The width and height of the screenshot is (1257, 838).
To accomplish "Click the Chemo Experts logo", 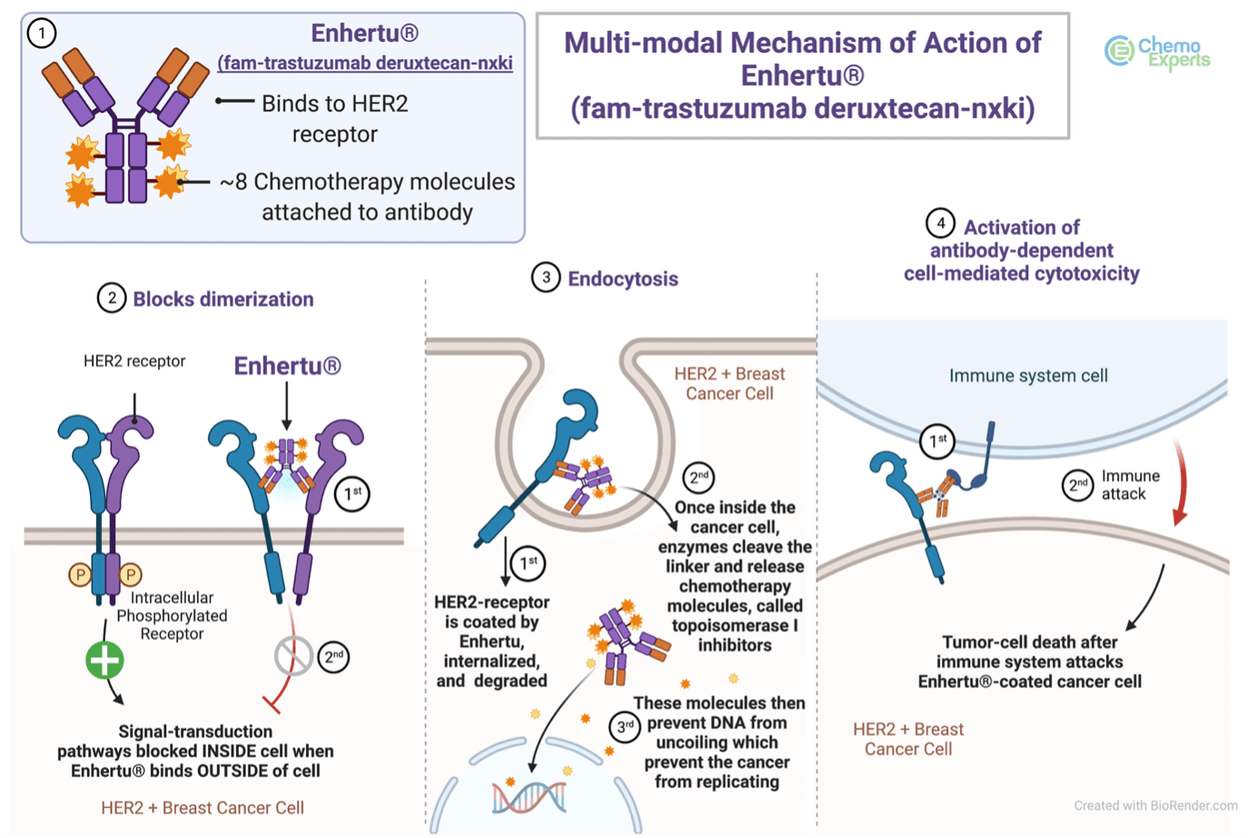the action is [1158, 53].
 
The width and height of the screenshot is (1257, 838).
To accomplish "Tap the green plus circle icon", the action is [105, 660].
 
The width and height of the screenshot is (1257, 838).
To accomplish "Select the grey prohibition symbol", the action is [293, 656].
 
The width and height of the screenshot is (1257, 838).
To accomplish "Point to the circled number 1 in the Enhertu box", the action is [42, 33].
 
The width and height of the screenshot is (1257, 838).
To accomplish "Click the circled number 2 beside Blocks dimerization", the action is [112, 298].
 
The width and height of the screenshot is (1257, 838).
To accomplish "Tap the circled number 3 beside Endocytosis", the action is [546, 277].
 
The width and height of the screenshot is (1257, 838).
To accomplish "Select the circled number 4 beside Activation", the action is [941, 224].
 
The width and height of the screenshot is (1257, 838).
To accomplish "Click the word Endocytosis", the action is [623, 279].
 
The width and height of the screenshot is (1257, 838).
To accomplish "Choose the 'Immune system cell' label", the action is [1028, 375].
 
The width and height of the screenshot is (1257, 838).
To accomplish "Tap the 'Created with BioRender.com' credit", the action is [1155, 805].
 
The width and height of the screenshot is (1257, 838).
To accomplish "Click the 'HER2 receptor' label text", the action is [134, 361].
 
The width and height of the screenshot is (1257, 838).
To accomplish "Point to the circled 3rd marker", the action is [625, 727].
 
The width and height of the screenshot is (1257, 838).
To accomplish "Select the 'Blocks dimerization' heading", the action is [223, 299].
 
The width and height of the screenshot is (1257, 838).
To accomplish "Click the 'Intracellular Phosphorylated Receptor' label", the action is [172, 615].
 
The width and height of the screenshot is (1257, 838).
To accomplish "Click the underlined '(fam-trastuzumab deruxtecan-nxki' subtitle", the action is [365, 63].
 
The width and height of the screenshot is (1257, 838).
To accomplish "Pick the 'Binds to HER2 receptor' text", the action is [335, 118].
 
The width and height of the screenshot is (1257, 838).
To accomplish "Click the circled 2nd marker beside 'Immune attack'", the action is [1077, 484].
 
